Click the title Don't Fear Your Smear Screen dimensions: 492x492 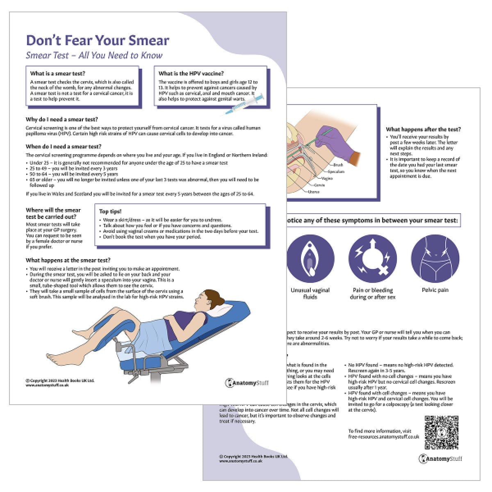click(x=98, y=40)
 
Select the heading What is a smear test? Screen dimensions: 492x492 click(x=58, y=74)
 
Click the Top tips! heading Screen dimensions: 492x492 click(x=110, y=212)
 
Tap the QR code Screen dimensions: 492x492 click(x=441, y=432)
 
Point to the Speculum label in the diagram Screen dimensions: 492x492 click(x=336, y=171)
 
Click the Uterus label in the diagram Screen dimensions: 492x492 click(x=314, y=191)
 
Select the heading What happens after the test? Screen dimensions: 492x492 click(x=424, y=130)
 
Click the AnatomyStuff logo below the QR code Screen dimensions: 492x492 click(x=440, y=459)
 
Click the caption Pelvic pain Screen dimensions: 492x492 click(x=435, y=290)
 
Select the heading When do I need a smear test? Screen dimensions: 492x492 click(x=64, y=146)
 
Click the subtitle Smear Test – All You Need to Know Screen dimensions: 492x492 click(x=94, y=55)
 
